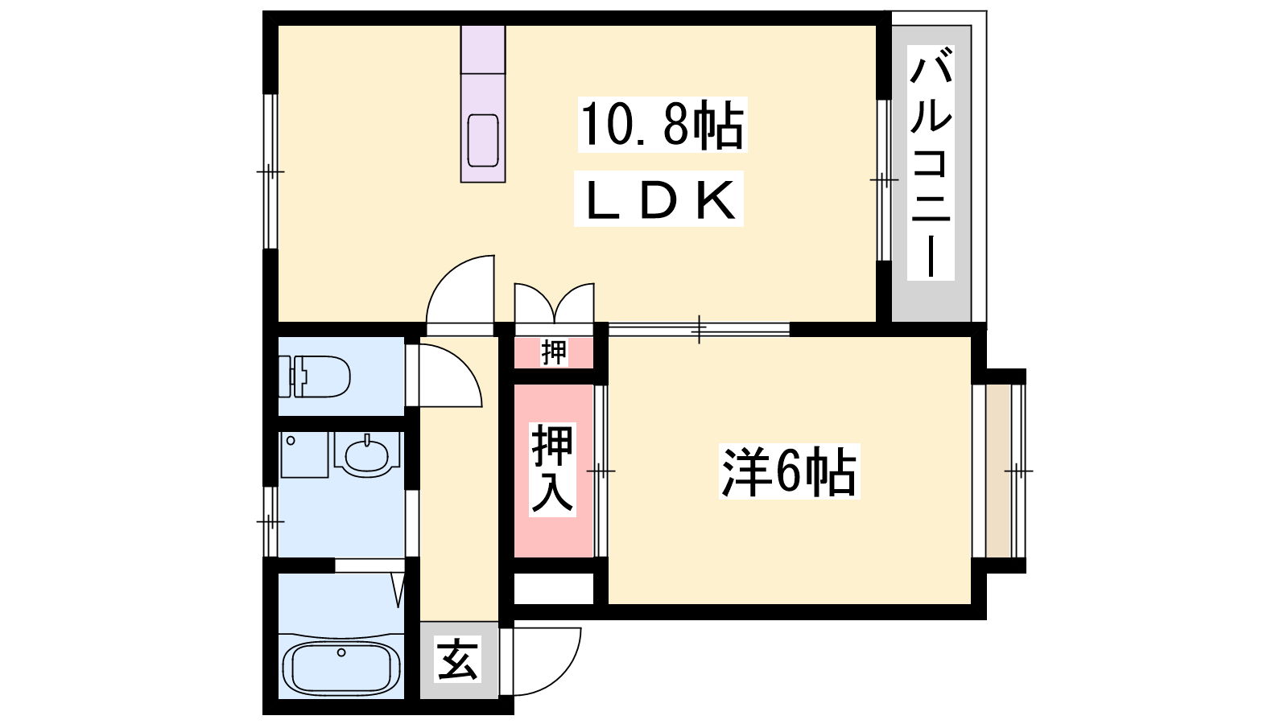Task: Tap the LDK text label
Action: [659, 199]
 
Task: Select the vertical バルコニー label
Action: [931, 162]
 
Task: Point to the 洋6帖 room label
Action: [789, 471]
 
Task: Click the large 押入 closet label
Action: [552, 469]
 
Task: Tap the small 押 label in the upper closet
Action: [554, 352]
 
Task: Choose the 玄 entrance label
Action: [458, 660]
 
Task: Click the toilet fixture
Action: [315, 376]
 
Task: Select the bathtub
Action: [341, 668]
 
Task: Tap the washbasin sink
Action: [367, 455]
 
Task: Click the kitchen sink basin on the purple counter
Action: [483, 141]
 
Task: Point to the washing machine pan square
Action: [304, 455]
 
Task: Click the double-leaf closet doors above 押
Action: [555, 302]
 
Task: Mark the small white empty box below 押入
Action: [554, 588]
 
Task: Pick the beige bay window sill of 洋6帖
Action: [998, 471]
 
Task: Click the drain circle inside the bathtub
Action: [341, 652]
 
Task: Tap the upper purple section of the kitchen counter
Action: [483, 49]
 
